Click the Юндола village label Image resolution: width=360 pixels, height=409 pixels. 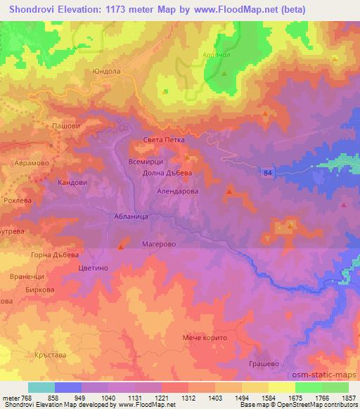(x=103, y=71)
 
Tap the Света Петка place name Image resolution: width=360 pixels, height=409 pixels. (x=163, y=140)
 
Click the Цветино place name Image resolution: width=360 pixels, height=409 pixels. (x=94, y=268)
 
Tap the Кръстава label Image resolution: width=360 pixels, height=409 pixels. (x=49, y=356)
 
